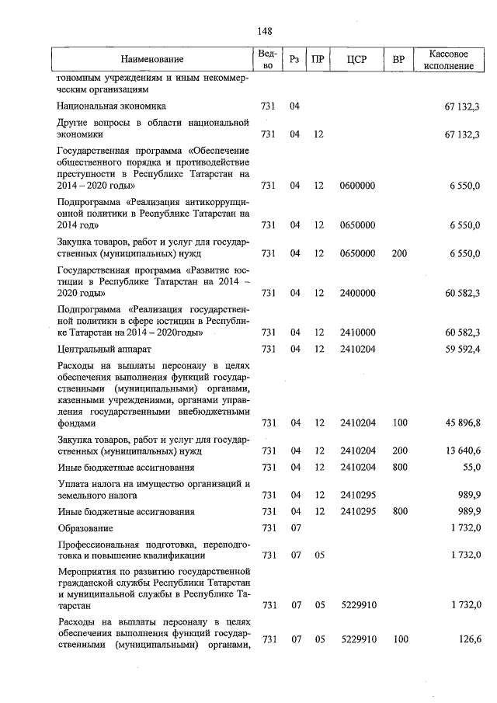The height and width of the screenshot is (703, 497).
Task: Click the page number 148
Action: (264, 31)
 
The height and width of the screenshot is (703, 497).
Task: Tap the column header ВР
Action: (399, 60)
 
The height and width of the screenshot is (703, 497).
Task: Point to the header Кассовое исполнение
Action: (454, 60)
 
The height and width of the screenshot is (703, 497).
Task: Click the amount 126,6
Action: (469, 639)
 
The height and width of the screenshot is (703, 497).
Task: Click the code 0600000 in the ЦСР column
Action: (358, 186)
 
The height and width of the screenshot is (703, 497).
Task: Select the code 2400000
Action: (358, 294)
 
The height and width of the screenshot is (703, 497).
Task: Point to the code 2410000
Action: (358, 333)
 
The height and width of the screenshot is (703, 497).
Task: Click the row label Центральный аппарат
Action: (104, 350)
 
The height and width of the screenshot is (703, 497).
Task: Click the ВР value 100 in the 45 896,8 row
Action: (399, 423)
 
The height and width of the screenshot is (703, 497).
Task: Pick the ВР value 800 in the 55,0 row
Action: (399, 467)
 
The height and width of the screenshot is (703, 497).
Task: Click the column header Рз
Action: (294, 60)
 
